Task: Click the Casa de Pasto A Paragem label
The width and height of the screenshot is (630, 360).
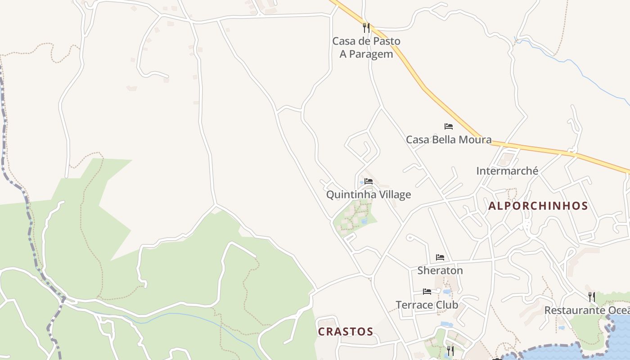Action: point(366,47)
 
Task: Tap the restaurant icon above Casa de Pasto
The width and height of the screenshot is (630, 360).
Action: point(366,28)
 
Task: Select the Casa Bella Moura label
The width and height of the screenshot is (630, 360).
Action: point(449,139)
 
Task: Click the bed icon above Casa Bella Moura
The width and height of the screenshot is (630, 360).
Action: point(449,126)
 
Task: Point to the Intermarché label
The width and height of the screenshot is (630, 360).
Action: point(507,171)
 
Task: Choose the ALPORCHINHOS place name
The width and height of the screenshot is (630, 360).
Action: point(538,206)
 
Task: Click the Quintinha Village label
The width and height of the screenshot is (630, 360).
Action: point(369,194)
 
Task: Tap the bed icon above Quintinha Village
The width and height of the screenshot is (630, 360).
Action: point(369,181)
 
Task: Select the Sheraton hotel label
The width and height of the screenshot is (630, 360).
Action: point(440,270)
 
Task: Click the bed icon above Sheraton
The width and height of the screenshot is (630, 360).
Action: point(440,257)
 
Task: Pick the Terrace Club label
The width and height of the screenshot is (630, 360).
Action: point(427,305)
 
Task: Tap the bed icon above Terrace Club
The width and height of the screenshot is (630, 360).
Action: point(427,292)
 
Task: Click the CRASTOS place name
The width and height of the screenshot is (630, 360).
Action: point(346,332)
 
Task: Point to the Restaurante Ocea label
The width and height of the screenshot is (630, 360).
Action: point(587,310)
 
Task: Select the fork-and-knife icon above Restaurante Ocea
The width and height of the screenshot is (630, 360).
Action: point(592,297)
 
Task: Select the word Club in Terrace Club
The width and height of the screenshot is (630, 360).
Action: point(447,305)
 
